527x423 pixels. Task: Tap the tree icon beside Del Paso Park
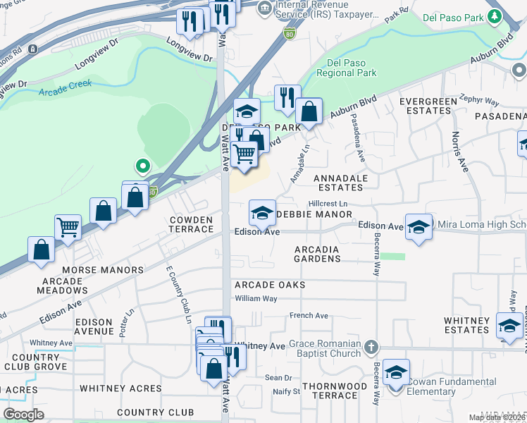[495, 17]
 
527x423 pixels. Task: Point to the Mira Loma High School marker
[418, 227]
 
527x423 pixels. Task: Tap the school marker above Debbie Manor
[262, 212]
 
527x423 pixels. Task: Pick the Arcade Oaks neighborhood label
[270, 285]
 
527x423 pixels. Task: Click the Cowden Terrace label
[190, 225]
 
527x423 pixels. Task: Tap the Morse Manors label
[98, 270]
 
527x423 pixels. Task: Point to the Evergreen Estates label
[428, 106]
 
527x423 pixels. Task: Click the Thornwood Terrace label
[335, 391]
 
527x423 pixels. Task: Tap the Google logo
[23, 415]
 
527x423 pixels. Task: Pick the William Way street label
[256, 299]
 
